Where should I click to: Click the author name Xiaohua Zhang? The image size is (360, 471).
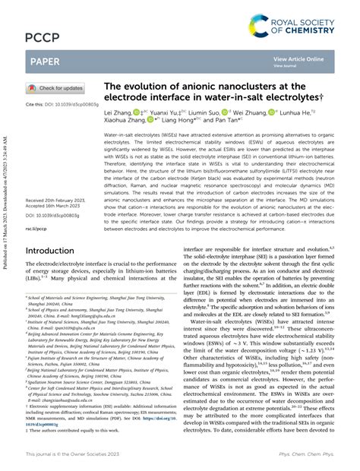tap(125, 119)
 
